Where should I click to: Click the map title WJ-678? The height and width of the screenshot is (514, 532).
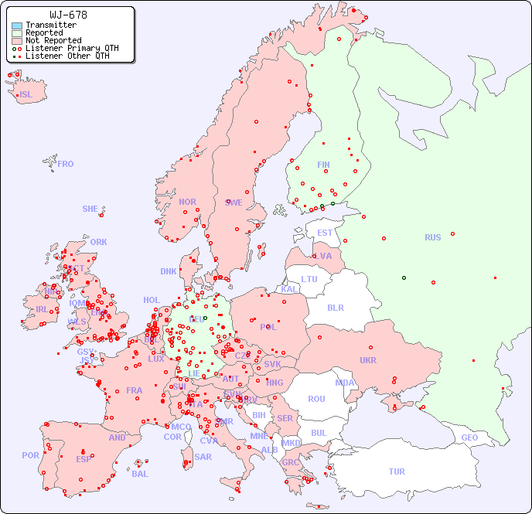click(x=68, y=15)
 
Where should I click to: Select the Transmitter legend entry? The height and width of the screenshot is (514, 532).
click(x=51, y=25)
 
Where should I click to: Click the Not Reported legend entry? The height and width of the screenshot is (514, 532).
click(x=53, y=40)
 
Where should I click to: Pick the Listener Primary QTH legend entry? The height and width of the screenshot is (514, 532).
click(x=72, y=48)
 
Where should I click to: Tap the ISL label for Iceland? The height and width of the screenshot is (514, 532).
click(x=26, y=95)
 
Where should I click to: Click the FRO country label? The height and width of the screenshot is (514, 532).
click(x=66, y=164)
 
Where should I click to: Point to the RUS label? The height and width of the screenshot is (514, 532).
click(x=432, y=237)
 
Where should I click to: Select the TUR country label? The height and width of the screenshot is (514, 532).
click(x=397, y=471)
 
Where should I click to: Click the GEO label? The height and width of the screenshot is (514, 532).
click(x=469, y=437)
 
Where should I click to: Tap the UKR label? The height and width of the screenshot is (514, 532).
click(x=368, y=360)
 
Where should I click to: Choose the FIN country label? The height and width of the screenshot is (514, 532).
click(x=323, y=165)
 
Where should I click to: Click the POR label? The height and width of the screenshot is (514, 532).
click(x=30, y=455)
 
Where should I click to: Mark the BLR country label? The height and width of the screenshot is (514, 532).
click(x=336, y=307)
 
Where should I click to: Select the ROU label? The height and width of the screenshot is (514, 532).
click(x=316, y=399)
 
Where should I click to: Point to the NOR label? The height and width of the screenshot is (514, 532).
click(x=187, y=202)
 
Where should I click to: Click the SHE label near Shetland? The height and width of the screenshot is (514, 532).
click(x=90, y=209)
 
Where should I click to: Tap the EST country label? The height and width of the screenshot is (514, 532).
click(x=325, y=233)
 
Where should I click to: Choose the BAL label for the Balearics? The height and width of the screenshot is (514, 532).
click(x=140, y=474)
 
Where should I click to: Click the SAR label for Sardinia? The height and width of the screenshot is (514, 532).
click(x=203, y=457)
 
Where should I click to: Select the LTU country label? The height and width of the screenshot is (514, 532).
click(x=309, y=279)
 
